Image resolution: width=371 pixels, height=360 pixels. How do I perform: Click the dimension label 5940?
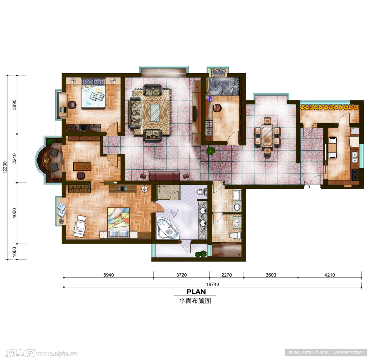(109, 275)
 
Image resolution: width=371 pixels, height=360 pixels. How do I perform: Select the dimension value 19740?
(212, 284)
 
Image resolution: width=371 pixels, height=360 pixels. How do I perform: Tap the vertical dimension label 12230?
(5, 167)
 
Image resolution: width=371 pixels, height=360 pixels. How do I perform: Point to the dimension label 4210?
(330, 275)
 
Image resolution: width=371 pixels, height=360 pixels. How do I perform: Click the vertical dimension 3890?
(14, 104)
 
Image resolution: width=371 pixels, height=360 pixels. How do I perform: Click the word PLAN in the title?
(196, 291)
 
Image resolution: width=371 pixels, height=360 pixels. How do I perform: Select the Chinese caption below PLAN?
(195, 301)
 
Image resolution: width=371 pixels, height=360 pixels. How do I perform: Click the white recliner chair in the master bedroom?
(80, 226)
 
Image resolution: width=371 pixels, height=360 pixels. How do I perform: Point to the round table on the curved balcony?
(47, 161)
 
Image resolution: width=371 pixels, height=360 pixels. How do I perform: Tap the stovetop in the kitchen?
(355, 175)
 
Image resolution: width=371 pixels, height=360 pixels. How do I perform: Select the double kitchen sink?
(355, 157)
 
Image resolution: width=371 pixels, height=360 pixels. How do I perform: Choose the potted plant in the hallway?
(210, 151)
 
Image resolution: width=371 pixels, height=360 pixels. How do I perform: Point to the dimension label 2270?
(226, 275)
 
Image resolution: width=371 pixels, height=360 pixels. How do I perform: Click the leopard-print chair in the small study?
(218, 108)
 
